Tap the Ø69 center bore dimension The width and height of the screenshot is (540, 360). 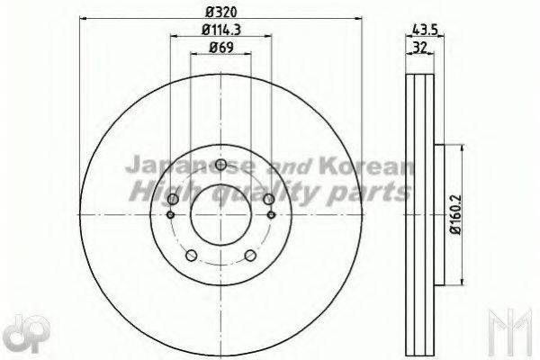(220, 49)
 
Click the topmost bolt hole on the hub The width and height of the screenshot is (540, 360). (221, 165)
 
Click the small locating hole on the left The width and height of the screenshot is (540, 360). (171, 214)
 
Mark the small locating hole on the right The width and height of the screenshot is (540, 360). (272, 214)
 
